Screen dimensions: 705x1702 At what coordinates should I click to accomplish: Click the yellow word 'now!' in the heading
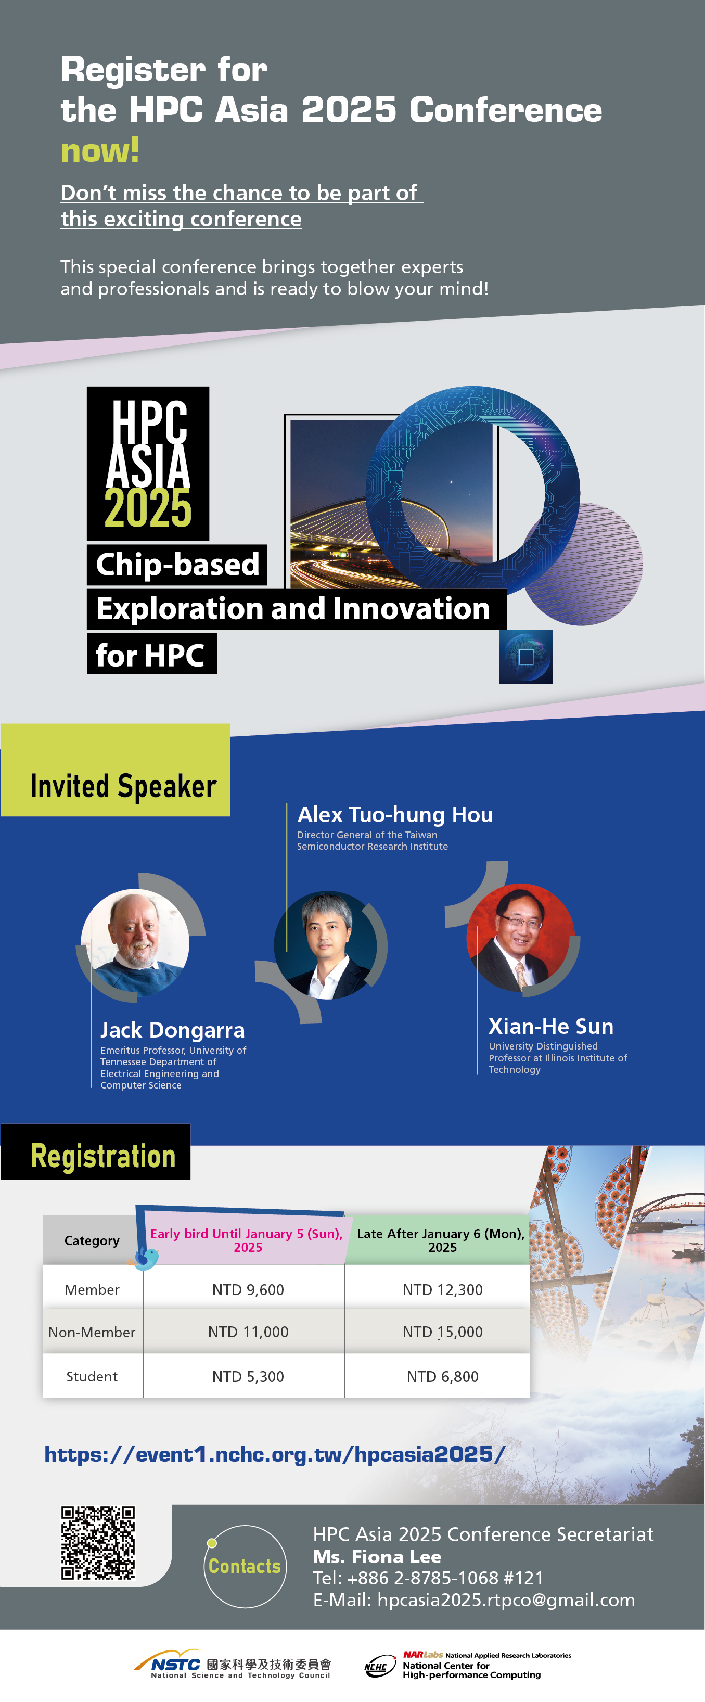(x=100, y=151)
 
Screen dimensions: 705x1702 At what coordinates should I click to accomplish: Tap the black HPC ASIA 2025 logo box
(x=148, y=463)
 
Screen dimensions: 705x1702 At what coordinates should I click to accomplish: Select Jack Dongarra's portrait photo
(x=135, y=943)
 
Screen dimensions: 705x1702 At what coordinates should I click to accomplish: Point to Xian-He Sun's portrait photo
(x=521, y=938)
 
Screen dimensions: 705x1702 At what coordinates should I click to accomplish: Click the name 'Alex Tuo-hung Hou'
(x=395, y=815)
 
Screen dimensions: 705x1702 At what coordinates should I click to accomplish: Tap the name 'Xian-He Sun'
(x=551, y=1026)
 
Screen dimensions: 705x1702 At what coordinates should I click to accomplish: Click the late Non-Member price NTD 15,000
(x=443, y=1332)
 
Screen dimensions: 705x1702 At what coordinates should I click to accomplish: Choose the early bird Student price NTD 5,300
(x=248, y=1376)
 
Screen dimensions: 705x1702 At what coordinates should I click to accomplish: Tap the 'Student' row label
(x=92, y=1376)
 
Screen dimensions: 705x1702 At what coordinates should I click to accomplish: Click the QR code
(x=98, y=1543)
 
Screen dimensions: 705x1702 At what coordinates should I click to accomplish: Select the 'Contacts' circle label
(x=245, y=1566)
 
